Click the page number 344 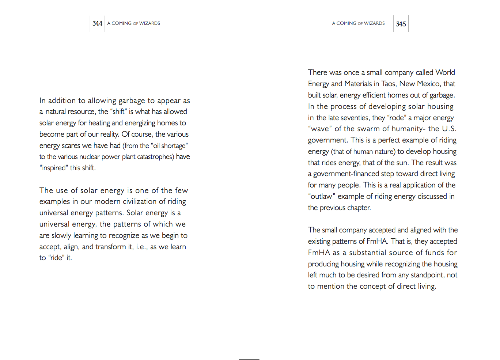[97, 23]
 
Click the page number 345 [401, 24]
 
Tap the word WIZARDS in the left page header [149, 23]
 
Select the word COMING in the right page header [346, 23]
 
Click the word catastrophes [155, 157]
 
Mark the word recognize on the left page [124, 235]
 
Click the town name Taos [389, 84]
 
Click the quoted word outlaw [322, 196]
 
